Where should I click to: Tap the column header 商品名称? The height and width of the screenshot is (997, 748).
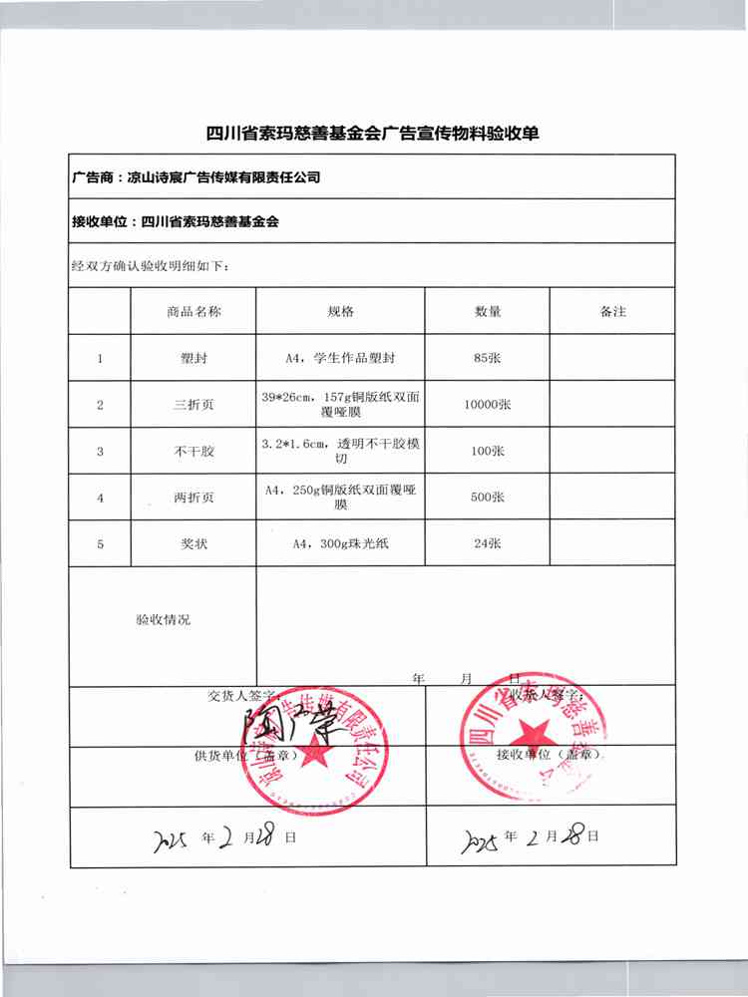(x=193, y=312)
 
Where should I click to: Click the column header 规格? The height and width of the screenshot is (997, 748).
(x=340, y=312)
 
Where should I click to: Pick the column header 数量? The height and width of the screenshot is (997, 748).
(x=488, y=312)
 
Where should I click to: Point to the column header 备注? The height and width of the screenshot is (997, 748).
(x=613, y=312)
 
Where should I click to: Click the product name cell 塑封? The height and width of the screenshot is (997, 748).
(x=193, y=358)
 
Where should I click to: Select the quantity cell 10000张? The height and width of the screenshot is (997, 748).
(x=488, y=405)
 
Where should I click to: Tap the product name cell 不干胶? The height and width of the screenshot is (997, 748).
(x=193, y=452)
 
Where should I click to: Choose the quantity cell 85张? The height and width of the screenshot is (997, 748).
(x=488, y=358)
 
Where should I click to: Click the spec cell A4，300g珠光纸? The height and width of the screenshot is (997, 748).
(x=340, y=544)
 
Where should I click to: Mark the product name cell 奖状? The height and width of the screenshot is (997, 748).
(x=193, y=544)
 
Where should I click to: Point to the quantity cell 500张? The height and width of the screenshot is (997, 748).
(x=488, y=498)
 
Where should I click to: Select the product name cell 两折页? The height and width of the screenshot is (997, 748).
(x=193, y=498)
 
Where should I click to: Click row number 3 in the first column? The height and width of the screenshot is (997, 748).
(x=100, y=452)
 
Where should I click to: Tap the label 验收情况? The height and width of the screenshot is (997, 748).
(x=163, y=619)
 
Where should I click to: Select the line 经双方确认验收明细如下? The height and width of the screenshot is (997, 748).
(x=151, y=267)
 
